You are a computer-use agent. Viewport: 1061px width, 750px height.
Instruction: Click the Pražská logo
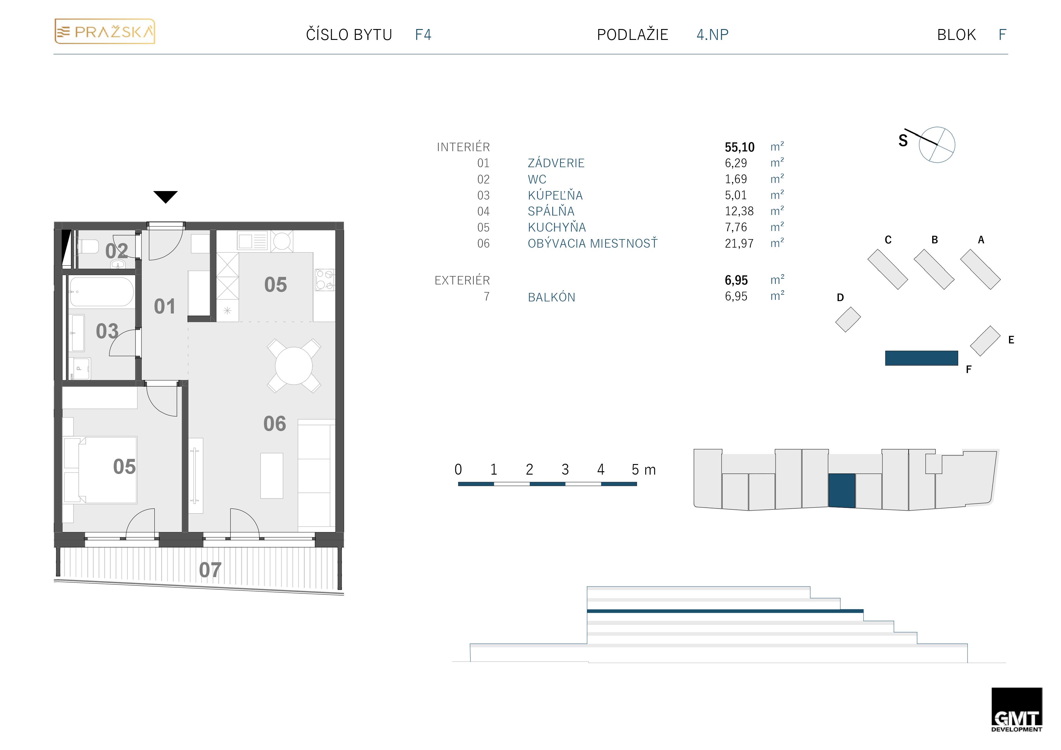click(x=105, y=31)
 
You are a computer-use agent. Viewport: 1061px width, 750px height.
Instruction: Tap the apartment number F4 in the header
click(x=423, y=35)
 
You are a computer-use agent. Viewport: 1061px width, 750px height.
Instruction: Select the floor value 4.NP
click(x=712, y=35)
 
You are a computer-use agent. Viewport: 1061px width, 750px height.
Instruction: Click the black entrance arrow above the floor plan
click(x=165, y=197)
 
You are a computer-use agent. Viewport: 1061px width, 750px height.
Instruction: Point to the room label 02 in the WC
click(x=116, y=251)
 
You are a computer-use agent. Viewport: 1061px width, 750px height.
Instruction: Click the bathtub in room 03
click(x=102, y=292)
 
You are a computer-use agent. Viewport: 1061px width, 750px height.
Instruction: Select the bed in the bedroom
click(x=107, y=469)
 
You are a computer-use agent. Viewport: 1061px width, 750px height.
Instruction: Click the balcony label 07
click(x=210, y=570)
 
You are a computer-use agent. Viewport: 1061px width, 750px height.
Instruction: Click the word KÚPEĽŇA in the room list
click(x=555, y=195)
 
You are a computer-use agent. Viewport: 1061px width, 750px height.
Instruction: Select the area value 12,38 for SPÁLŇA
click(x=739, y=211)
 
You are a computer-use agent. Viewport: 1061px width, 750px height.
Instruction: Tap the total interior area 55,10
click(x=739, y=147)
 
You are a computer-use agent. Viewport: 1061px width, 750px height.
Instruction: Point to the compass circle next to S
click(x=937, y=144)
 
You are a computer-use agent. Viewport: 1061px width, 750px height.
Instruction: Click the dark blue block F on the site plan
click(x=921, y=358)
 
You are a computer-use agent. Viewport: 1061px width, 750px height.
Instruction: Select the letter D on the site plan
click(x=840, y=297)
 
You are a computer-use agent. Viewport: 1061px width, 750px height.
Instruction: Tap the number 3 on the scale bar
click(x=565, y=469)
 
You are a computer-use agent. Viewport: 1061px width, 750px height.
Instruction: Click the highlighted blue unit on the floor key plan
click(x=841, y=491)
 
